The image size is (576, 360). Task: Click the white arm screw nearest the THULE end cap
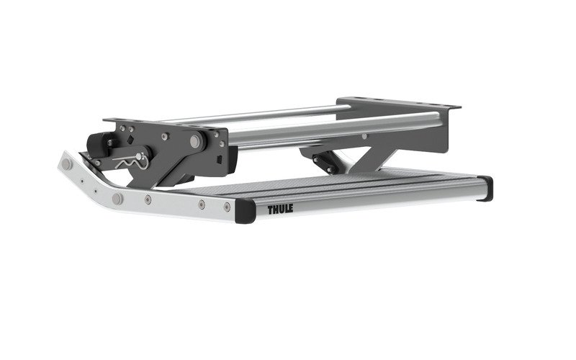227,206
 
